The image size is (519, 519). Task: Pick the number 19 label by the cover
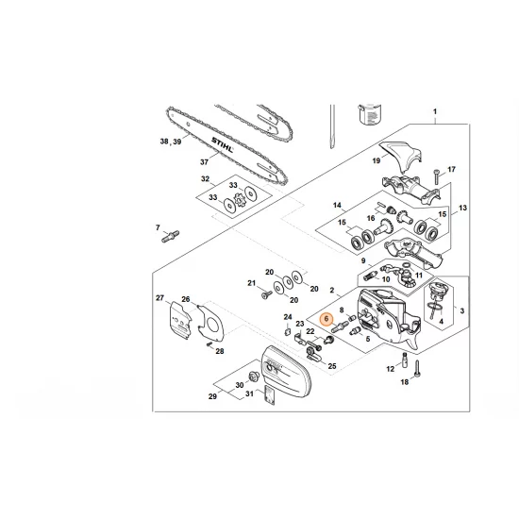coord(376,162)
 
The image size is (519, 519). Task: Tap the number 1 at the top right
coord(435,112)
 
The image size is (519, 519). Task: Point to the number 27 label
coord(160,298)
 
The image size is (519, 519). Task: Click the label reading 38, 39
coord(171,142)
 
